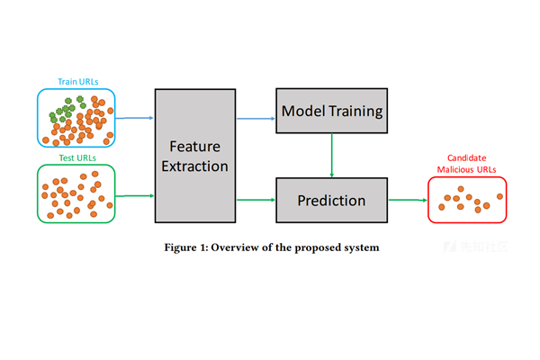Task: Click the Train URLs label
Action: (77, 82)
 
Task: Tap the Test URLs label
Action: (77, 157)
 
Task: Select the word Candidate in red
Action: (466, 157)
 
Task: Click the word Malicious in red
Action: (454, 169)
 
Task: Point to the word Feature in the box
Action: (195, 147)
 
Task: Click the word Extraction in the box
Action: (195, 166)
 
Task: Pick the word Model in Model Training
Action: (303, 111)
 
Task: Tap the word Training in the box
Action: (355, 112)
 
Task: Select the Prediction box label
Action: (331, 201)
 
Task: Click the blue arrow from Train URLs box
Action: (134, 118)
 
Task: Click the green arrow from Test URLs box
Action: (135, 195)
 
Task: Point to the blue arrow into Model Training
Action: (256, 119)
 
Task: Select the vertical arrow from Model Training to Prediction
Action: (331, 156)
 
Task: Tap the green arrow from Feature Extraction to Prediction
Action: (256, 200)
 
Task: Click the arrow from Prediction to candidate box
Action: (408, 200)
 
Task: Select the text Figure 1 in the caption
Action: (186, 247)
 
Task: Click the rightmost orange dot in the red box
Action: (499, 196)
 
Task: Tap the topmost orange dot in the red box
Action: (461, 189)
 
